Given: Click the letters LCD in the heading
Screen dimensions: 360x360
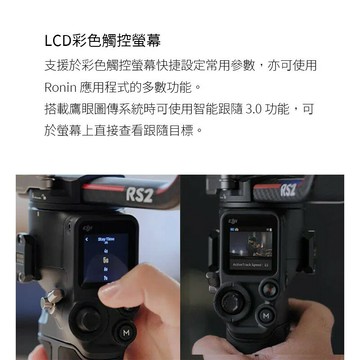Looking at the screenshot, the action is (58, 41).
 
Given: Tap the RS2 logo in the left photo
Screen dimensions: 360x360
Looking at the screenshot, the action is (139, 195).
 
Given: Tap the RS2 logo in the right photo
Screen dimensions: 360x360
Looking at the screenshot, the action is (288, 190).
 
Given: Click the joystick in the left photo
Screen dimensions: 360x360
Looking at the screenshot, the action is (88, 319).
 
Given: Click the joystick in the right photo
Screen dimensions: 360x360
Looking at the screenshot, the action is (231, 302).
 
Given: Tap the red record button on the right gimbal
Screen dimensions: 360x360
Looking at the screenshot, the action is (270, 289).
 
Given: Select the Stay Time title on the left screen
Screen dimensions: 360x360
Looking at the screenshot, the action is (106, 239).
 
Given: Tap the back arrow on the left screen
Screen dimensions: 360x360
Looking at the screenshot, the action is (87, 239).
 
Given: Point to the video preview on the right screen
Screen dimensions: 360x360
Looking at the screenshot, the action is (251, 244).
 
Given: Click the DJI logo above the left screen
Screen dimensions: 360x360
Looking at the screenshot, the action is (88, 228).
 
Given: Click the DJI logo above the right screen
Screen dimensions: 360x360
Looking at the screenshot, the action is (233, 220).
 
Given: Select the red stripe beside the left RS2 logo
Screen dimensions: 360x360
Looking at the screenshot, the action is (104, 188).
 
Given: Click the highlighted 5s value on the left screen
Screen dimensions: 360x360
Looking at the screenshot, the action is (106, 259).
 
